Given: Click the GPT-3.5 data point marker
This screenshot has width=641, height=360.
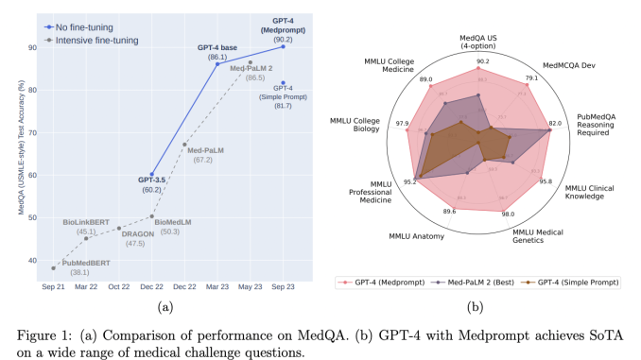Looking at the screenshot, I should pos(151,175).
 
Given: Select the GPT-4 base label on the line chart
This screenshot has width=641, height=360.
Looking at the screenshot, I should pos(217,46).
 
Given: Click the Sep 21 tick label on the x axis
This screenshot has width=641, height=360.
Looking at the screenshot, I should pos(53,285).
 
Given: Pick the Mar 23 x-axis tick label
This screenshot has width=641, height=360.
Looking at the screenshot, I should pos(217,285).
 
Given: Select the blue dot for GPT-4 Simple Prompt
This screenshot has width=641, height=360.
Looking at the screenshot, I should pos(284,83).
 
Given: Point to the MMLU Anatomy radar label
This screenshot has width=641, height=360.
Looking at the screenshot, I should pos(415,235).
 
